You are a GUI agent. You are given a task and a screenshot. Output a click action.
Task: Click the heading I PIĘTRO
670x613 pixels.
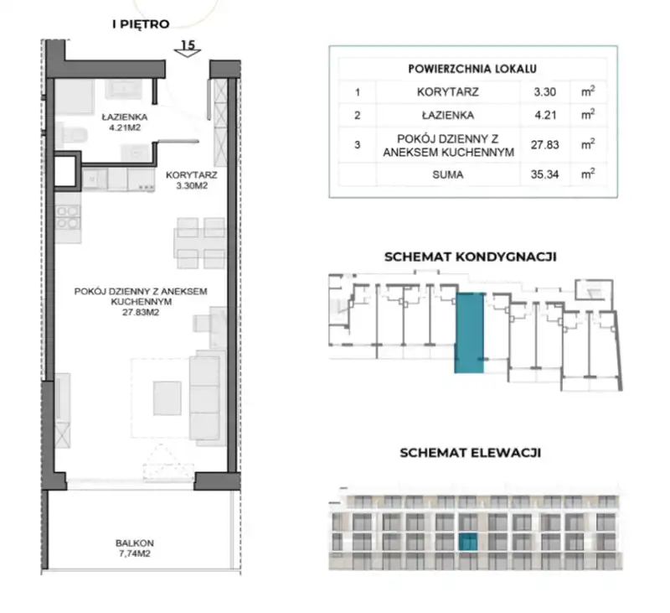[x=141, y=24]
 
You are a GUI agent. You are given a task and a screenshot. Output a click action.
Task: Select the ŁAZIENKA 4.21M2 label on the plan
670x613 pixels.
[x=124, y=122]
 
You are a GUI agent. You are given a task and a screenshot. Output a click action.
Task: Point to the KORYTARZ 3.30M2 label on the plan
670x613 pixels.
[x=192, y=180]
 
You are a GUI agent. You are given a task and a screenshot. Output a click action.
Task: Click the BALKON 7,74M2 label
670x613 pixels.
[x=135, y=548]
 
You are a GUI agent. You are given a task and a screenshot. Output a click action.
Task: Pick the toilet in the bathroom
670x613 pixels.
[x=72, y=135]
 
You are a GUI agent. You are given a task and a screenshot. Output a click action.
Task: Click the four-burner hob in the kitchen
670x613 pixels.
[x=68, y=217]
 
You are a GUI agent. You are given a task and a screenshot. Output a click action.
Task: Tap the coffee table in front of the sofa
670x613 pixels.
[x=167, y=397]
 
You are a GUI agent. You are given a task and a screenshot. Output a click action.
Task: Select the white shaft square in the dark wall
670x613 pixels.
[x=65, y=171]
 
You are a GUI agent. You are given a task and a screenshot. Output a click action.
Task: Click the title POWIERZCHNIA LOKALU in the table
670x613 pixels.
[x=472, y=69]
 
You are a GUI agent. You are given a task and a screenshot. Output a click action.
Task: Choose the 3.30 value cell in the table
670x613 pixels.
[x=545, y=92]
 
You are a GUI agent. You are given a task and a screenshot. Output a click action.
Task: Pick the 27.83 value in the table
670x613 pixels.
[x=545, y=144]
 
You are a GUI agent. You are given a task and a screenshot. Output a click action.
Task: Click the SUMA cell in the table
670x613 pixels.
[x=448, y=174]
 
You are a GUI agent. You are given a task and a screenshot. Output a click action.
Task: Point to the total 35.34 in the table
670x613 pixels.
[x=545, y=174]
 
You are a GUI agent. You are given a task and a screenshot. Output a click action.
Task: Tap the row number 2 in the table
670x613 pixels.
[x=358, y=116]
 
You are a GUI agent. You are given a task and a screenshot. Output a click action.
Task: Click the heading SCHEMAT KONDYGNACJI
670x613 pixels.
[x=470, y=257]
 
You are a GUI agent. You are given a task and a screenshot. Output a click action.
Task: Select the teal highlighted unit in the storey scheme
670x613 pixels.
[x=470, y=333]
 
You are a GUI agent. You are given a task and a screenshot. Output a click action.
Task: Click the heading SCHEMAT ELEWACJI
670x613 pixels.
[x=470, y=453]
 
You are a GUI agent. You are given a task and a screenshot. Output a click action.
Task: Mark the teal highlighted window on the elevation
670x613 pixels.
[x=468, y=542]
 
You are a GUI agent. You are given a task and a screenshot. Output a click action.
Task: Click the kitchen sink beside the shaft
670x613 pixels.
[x=95, y=179]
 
